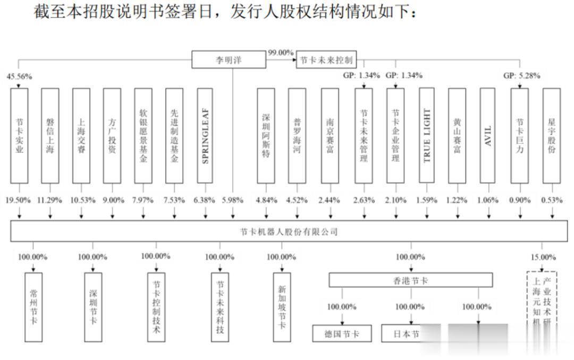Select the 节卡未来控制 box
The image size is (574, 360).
click(325, 60)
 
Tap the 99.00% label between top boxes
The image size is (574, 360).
click(281, 52)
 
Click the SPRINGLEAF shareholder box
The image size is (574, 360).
click(205, 136)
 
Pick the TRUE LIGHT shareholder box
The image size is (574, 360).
click(427, 136)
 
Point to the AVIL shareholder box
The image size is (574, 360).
click(488, 136)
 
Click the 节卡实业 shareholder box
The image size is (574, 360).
click(19, 136)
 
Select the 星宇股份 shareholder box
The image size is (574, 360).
click(551, 136)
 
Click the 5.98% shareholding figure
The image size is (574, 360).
click(232, 200)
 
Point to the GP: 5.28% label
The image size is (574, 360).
click(522, 76)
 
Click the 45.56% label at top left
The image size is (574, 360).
click(19, 77)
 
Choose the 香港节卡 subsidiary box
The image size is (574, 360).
click(410, 280)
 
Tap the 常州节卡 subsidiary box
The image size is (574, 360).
click(33, 307)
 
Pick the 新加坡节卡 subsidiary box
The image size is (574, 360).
click(282, 307)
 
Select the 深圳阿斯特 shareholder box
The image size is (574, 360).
click(266, 136)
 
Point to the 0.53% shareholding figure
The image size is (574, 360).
click(552, 200)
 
